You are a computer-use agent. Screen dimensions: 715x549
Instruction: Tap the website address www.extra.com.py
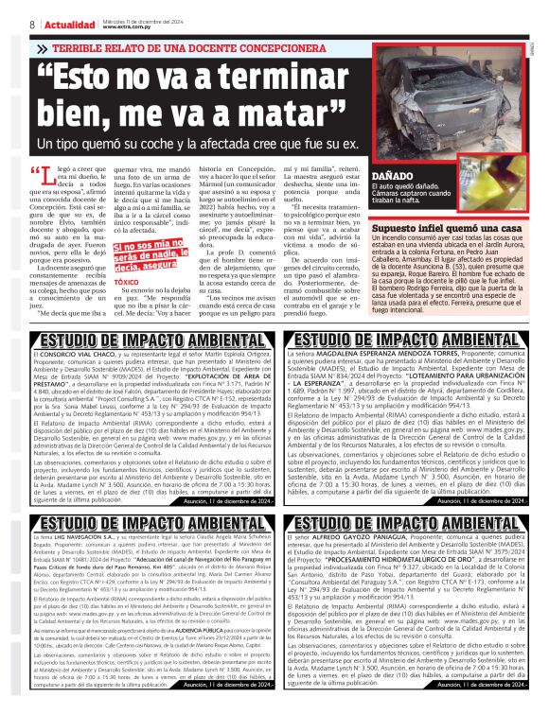click(130, 26)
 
